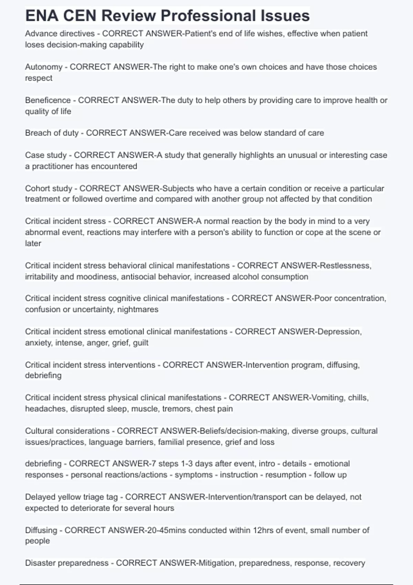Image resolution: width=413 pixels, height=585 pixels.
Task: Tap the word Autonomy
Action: (x=44, y=67)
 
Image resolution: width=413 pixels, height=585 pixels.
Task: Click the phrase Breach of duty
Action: (x=52, y=133)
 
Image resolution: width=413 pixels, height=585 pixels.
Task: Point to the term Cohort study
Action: (x=49, y=189)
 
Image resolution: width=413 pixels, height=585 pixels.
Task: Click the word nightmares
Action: (x=138, y=309)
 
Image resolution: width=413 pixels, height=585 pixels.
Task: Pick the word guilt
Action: (x=140, y=343)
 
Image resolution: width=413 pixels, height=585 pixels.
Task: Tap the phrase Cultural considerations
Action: (x=67, y=431)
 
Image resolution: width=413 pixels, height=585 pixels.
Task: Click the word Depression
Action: (x=339, y=332)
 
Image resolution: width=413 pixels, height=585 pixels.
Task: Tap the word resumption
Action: (x=286, y=475)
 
